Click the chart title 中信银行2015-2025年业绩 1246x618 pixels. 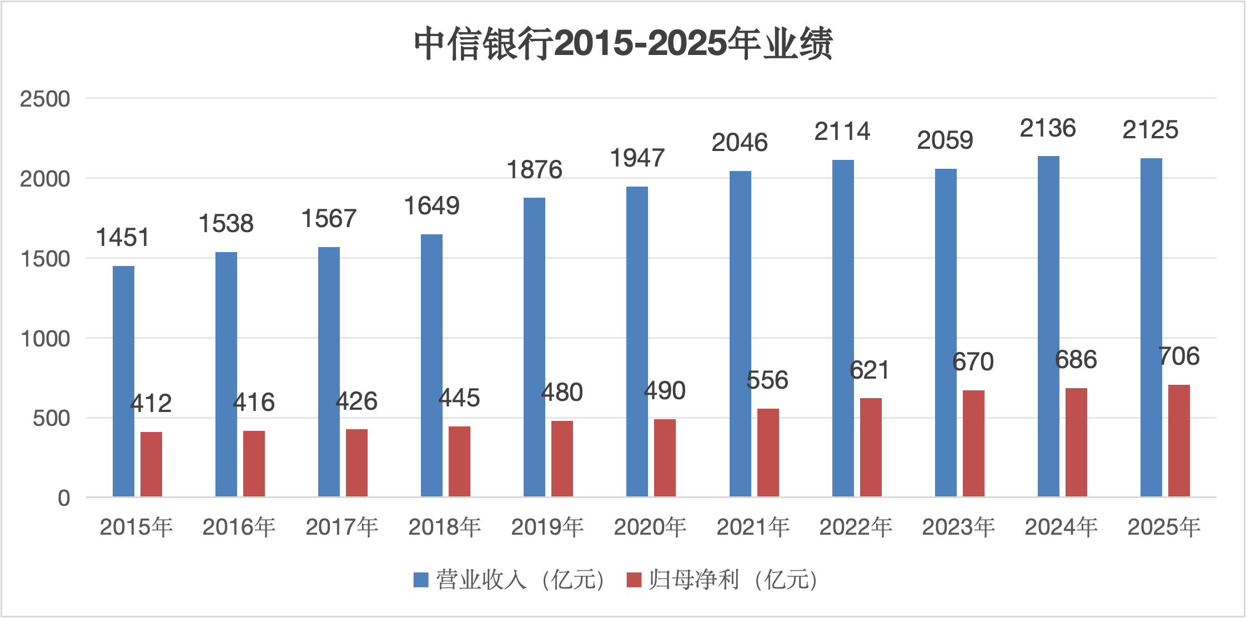[x=623, y=43]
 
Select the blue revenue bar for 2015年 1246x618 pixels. [x=123, y=381]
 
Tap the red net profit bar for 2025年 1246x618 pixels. [x=1179, y=440]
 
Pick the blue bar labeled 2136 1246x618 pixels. [x=1048, y=326]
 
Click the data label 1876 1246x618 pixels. [x=534, y=170]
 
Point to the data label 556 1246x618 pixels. [x=767, y=380]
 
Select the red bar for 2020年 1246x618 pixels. [x=665, y=458]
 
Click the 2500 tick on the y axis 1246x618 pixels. [x=45, y=99]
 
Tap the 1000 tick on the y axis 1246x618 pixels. [x=45, y=339]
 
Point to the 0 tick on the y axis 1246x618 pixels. [x=64, y=498]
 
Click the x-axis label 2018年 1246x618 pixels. [x=444, y=527]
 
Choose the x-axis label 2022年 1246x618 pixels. [x=855, y=527]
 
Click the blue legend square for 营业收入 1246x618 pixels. [x=421, y=580]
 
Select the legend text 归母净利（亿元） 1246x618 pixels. [x=733, y=580]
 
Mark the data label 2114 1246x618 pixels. [x=842, y=132]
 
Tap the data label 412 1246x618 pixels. [x=150, y=404]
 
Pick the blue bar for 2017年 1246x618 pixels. [x=329, y=371]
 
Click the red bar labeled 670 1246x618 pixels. [x=973, y=443]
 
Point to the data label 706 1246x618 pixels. [x=1179, y=356]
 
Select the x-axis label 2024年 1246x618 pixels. [x=1061, y=527]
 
